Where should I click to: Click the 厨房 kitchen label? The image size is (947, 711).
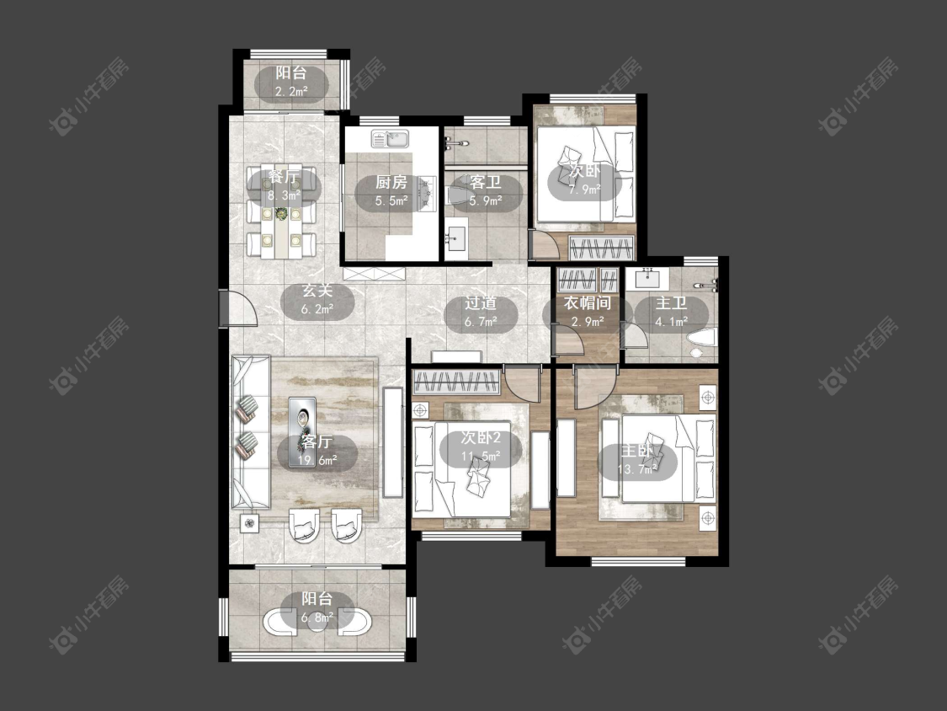(x=391, y=182)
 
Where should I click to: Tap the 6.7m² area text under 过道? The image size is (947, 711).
(x=481, y=323)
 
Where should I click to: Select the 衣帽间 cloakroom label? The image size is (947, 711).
(x=588, y=303)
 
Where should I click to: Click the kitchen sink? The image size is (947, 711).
(x=390, y=139)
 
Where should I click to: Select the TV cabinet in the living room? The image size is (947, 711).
(x=393, y=442)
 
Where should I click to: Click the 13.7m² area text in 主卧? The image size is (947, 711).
(x=636, y=469)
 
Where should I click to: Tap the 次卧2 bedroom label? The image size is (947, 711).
(x=481, y=438)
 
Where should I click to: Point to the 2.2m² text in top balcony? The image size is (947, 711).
(x=291, y=91)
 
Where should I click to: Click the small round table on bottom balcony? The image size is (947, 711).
(x=317, y=622)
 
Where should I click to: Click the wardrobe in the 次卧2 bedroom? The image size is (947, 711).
(x=456, y=382)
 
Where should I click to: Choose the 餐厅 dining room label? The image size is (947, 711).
(x=284, y=178)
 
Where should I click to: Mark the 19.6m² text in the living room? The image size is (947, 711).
(x=317, y=460)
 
